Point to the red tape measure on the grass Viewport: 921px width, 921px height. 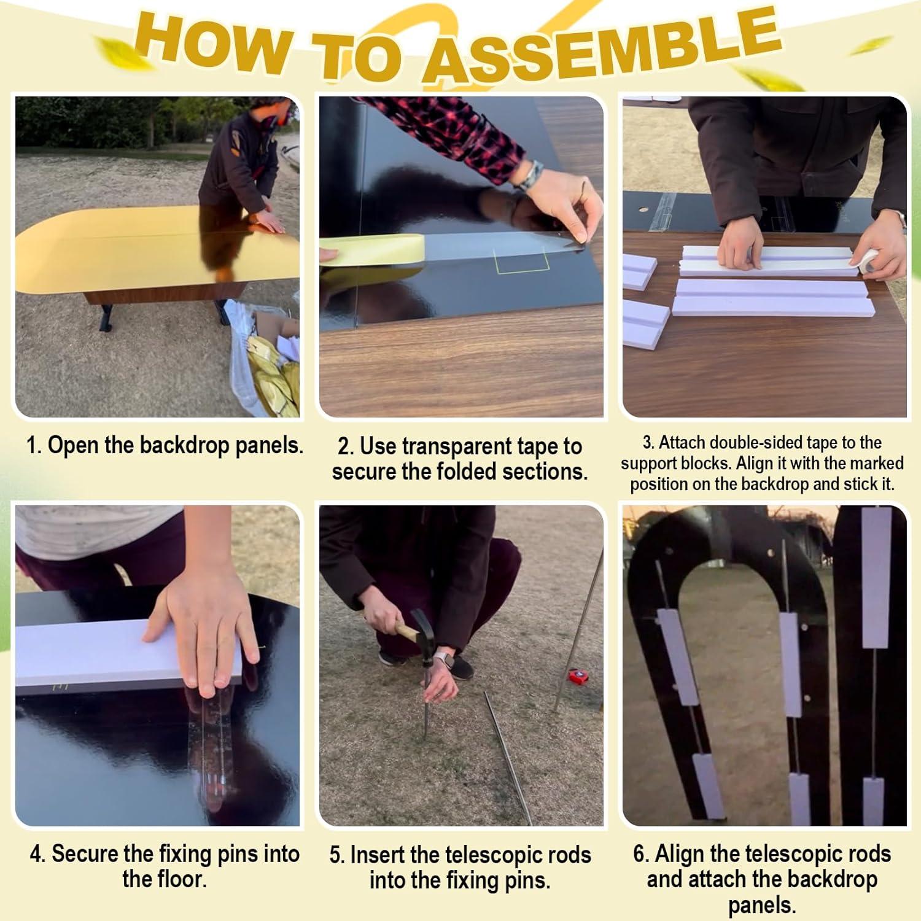click(x=578, y=675)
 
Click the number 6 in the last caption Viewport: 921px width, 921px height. click(x=639, y=854)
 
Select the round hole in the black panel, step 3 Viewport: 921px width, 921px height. click(x=642, y=210)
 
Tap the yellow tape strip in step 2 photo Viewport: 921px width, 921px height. click(x=372, y=249)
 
